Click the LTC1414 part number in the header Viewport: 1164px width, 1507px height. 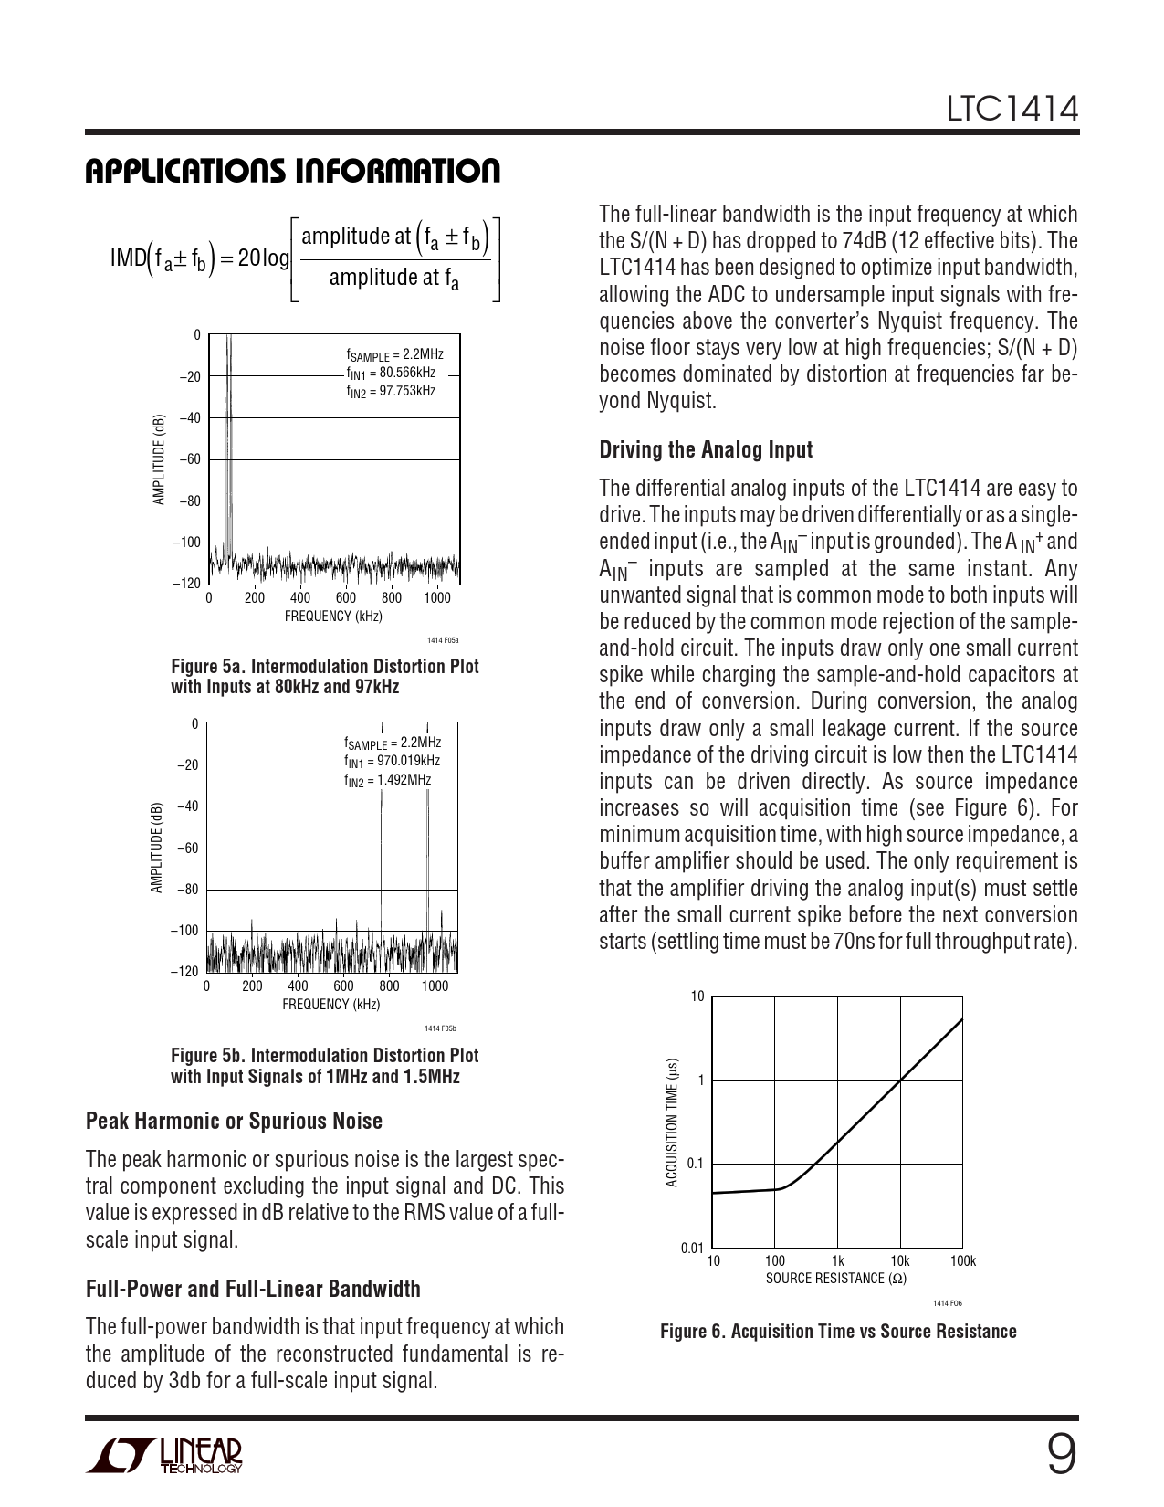1012,110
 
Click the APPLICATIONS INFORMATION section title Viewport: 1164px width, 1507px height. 292,171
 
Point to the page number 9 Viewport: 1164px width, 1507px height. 1060,1455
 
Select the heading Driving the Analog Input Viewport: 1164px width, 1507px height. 705,449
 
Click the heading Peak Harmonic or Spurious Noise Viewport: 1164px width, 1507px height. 234,1121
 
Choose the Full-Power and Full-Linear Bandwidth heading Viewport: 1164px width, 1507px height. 253,1289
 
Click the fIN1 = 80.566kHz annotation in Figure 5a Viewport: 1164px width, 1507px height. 390,374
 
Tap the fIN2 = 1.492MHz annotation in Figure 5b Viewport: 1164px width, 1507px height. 387,781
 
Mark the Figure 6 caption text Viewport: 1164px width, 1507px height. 837,1331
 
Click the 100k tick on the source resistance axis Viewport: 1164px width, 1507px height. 963,1261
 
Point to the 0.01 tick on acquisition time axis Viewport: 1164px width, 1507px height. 692,1248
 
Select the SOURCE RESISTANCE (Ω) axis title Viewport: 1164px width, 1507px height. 835,1278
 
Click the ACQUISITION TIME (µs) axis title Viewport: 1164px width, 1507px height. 672,1122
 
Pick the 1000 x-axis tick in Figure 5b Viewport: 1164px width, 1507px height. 435,986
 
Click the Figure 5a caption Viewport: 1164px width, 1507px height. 324,676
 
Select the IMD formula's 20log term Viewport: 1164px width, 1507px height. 263,258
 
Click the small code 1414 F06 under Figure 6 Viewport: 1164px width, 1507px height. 949,1304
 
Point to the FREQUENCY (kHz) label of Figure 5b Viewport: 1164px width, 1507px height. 330,1005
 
